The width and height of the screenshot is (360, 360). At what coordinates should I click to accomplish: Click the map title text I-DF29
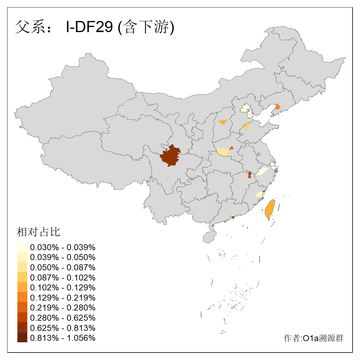[x=89, y=27]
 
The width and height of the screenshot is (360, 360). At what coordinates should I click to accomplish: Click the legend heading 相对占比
[x=38, y=232]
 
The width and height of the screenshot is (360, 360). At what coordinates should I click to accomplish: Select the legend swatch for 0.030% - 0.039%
[x=22, y=247]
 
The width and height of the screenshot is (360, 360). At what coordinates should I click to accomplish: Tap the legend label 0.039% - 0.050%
[x=63, y=257]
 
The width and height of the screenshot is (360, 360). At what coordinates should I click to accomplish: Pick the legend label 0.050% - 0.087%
[x=63, y=267]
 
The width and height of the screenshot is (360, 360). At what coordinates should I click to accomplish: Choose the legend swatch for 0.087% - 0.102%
[x=22, y=277]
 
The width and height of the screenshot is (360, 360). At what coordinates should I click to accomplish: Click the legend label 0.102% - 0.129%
[x=63, y=287]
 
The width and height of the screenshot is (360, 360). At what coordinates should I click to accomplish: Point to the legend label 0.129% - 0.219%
[x=63, y=298]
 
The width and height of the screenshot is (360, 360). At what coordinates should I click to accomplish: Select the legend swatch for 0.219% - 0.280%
[x=22, y=307]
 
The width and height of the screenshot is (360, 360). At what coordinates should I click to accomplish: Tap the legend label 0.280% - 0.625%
[x=63, y=318]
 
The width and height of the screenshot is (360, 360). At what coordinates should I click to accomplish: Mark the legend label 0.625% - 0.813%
[x=63, y=328]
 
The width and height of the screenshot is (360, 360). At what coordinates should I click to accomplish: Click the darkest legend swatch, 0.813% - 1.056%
[x=22, y=338]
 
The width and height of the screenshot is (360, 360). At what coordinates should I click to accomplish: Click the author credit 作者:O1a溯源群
[x=313, y=338]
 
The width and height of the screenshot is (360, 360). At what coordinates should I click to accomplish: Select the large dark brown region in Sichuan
[x=170, y=156]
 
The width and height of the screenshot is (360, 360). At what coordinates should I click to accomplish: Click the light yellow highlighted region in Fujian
[x=260, y=194]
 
